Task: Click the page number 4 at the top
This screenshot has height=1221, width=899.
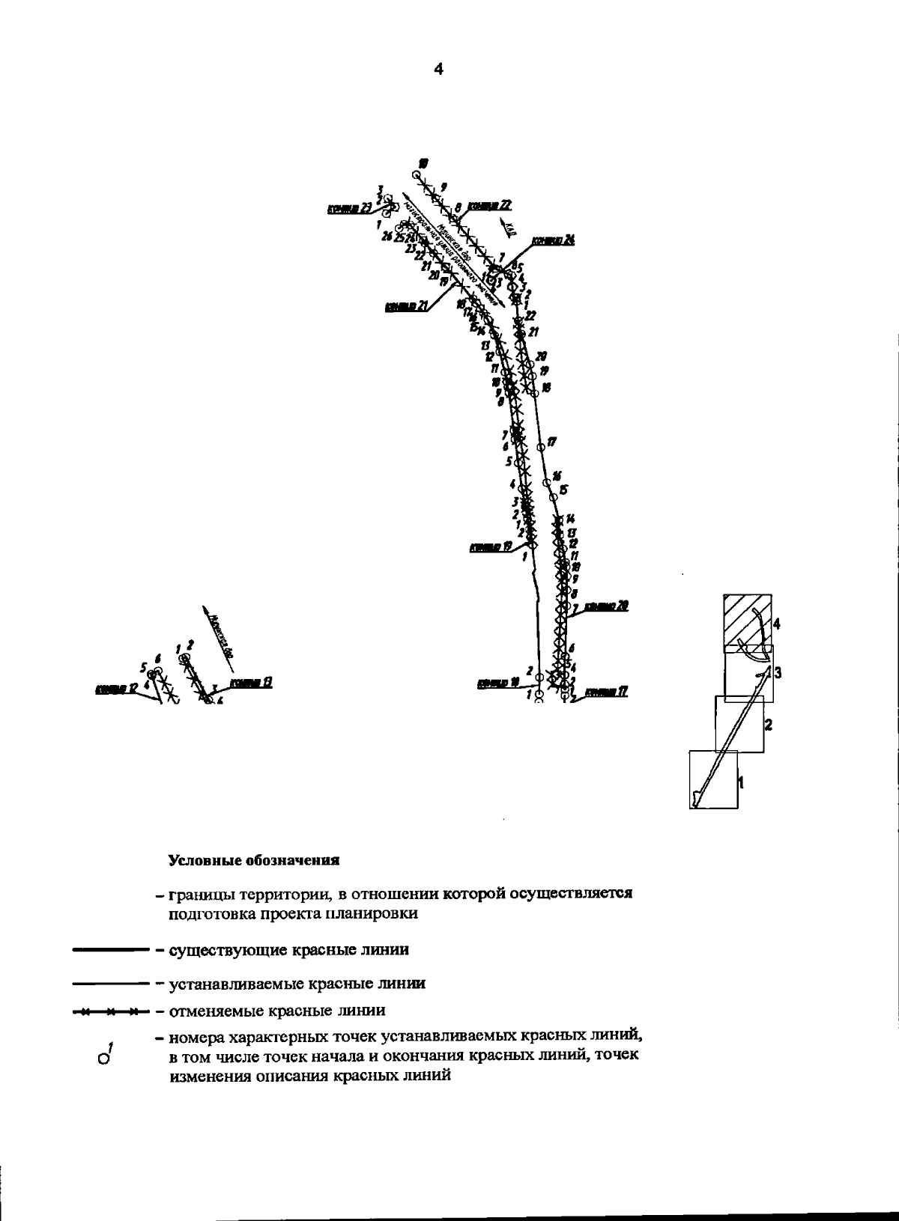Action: click(438, 70)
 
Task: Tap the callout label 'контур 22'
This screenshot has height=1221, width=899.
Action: click(488, 206)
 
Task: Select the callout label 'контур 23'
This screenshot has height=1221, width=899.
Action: click(349, 209)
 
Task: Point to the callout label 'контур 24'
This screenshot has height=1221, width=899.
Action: click(553, 240)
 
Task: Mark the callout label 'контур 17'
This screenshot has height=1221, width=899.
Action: click(605, 692)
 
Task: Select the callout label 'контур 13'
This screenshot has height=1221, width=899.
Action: click(250, 682)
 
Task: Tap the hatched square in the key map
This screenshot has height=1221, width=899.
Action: click(748, 621)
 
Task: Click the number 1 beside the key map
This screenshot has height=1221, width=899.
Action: click(742, 782)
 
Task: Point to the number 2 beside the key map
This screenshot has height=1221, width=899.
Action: click(768, 725)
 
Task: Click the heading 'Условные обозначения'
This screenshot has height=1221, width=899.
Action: click(254, 860)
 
